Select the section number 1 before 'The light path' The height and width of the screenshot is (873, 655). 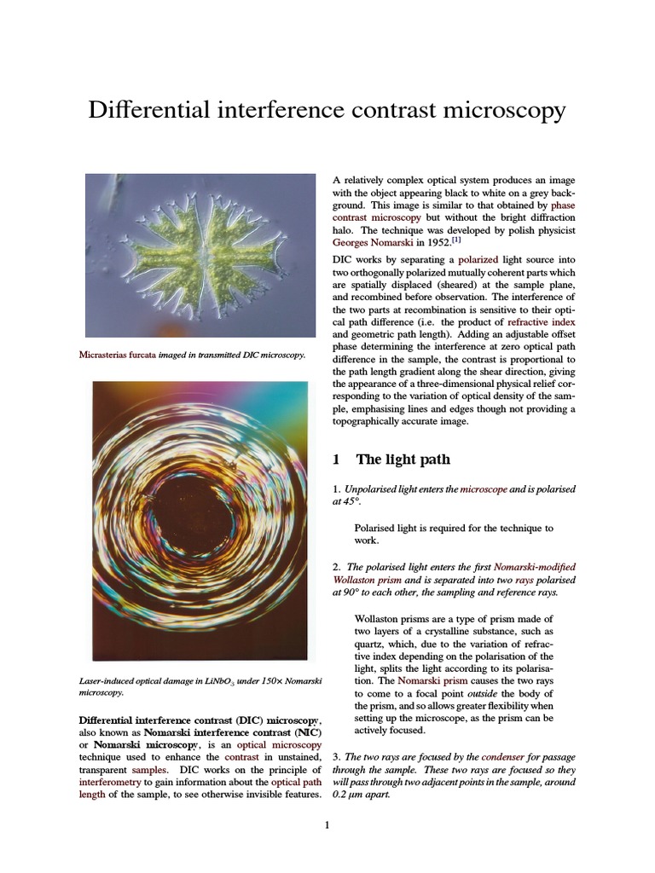coord(336,460)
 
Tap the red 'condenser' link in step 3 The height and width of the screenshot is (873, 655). coord(502,756)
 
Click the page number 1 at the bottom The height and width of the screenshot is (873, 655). coord(327,824)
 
